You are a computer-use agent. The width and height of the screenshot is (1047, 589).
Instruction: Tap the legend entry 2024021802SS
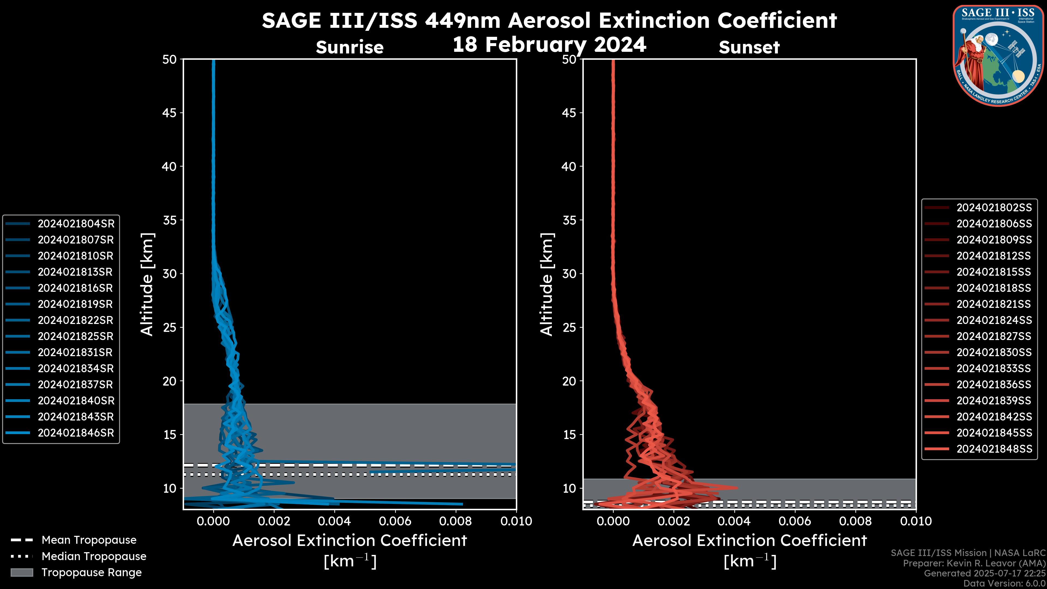(994, 208)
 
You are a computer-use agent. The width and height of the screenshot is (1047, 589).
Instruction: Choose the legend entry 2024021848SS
(994, 449)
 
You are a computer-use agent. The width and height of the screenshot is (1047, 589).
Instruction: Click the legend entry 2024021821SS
(994, 304)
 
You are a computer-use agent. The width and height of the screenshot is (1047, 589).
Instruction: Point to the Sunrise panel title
(350, 47)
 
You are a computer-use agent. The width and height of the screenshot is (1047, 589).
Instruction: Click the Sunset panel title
(749, 47)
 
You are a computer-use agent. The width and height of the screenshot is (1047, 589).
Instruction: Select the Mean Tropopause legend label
(89, 540)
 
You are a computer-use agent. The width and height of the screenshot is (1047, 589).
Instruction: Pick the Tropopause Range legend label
(91, 572)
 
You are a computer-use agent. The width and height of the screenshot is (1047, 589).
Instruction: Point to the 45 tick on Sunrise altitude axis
(170, 113)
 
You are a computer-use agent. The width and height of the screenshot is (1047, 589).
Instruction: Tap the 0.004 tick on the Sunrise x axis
(334, 521)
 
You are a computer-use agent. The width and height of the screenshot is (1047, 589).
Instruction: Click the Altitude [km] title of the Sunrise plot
(147, 284)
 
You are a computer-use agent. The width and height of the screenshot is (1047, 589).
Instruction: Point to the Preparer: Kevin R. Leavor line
(974, 563)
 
